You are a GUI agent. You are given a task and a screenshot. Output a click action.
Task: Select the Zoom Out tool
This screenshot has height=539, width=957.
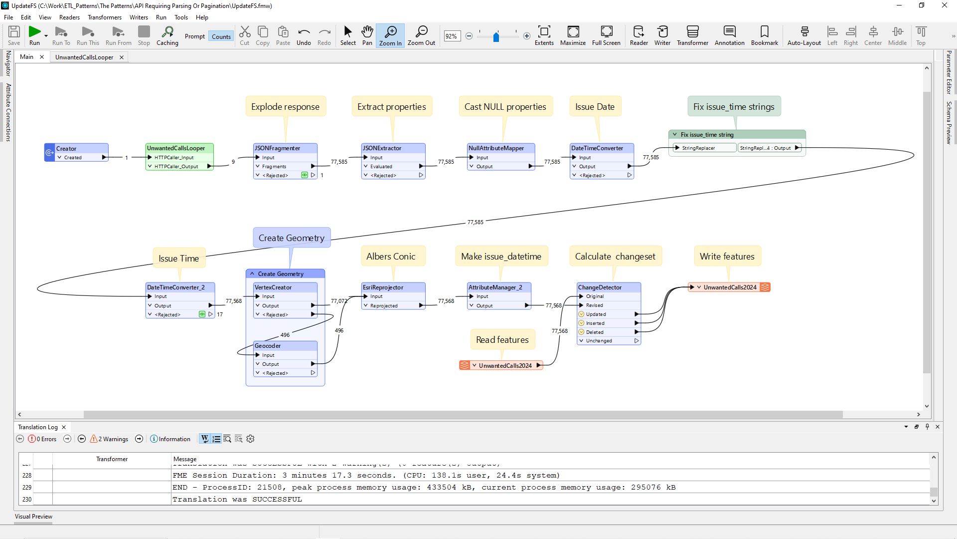421,35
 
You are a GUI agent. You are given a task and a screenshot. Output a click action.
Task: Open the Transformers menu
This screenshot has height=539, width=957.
104,17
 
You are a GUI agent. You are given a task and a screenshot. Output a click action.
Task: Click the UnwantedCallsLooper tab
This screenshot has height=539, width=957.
84,57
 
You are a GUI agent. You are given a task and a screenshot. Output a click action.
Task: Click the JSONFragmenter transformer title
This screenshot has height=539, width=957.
278,148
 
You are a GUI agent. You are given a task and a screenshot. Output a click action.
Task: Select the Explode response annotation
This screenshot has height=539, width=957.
285,107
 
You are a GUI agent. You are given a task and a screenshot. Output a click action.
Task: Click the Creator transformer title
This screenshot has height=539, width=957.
66,149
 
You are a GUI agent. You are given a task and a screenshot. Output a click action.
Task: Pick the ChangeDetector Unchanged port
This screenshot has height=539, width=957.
599,341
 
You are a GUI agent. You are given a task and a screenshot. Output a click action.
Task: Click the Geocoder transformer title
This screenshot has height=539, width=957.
268,346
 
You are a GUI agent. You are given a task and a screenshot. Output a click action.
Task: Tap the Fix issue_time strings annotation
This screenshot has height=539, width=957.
734,107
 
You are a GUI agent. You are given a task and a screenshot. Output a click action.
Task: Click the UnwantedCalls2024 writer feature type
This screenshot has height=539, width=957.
730,287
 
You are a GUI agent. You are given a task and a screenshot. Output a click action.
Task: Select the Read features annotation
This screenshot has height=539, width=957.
502,340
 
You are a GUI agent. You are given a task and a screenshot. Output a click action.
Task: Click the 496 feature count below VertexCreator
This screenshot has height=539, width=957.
285,335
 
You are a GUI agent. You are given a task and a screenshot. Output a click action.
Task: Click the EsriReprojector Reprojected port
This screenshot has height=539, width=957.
384,306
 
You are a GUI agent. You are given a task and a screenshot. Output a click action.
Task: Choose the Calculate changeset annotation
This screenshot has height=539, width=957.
615,257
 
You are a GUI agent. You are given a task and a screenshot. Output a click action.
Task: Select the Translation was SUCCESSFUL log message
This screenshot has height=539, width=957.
237,500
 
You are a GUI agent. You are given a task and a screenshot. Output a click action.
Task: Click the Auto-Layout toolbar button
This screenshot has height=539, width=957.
804,35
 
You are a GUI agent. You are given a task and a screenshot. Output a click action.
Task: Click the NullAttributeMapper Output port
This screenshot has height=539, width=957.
484,167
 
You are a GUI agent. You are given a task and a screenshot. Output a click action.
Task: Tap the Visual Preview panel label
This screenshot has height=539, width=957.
33,517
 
